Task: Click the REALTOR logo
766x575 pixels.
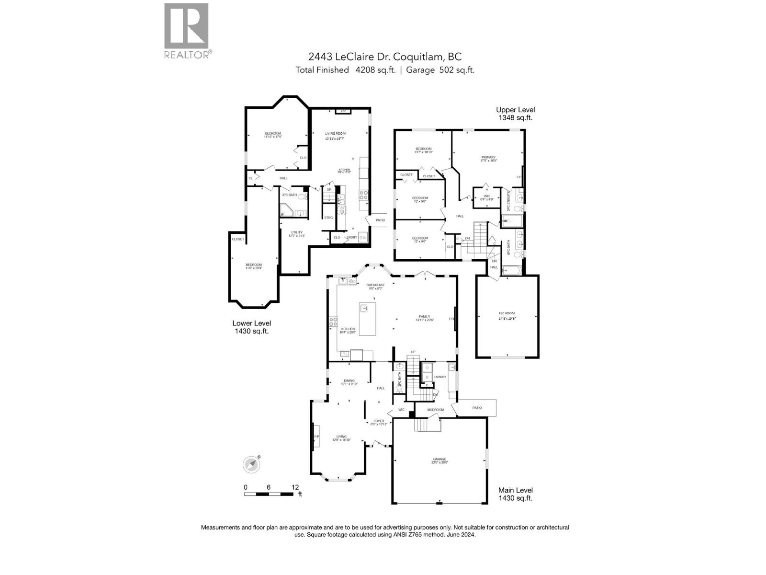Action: (x=187, y=31)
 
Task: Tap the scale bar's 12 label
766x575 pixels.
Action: (x=295, y=487)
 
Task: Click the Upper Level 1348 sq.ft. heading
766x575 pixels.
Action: (x=515, y=114)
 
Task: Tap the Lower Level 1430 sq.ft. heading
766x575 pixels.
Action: (x=251, y=327)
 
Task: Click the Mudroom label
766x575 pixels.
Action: (x=436, y=410)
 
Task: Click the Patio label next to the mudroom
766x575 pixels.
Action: (x=477, y=408)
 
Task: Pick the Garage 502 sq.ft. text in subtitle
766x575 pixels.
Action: (x=440, y=70)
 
